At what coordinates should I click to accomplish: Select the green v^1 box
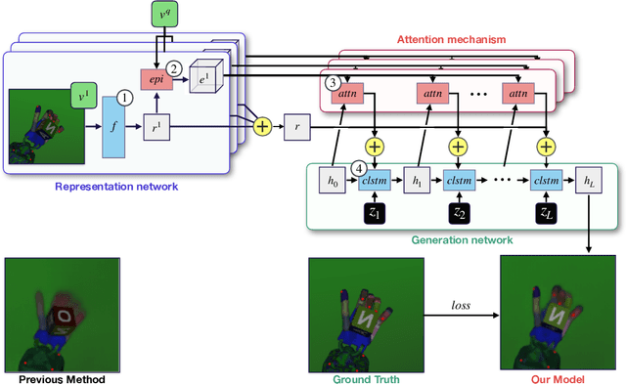point(81,98)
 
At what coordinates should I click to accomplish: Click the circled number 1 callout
point(124,98)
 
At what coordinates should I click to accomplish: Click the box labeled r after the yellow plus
point(297,126)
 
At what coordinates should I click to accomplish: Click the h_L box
point(589,182)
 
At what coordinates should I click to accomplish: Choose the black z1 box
point(374,211)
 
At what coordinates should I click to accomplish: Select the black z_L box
point(544,211)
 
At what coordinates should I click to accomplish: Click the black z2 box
point(458,211)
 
